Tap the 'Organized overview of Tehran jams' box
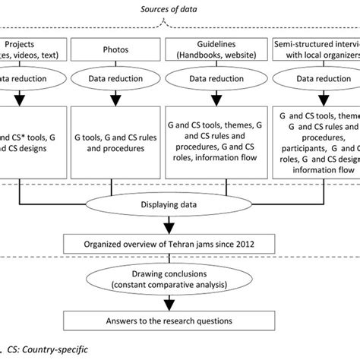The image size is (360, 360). coord(180,244)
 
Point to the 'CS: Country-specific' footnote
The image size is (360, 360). coord(46,352)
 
